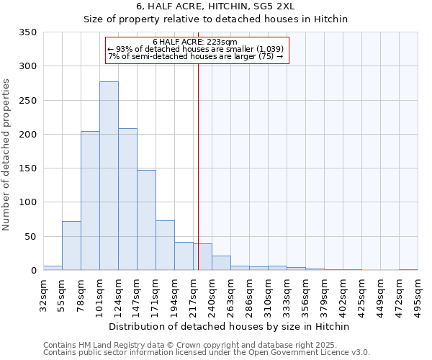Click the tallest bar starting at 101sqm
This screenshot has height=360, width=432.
109,176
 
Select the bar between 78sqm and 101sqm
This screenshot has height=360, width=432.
90,201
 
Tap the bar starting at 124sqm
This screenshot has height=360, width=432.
127,199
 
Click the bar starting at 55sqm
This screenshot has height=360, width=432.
71,246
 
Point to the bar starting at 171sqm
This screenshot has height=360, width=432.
165,246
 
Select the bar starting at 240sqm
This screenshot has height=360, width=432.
221,263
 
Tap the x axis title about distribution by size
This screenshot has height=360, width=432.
230,326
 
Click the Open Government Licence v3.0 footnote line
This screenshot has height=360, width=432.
207,352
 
